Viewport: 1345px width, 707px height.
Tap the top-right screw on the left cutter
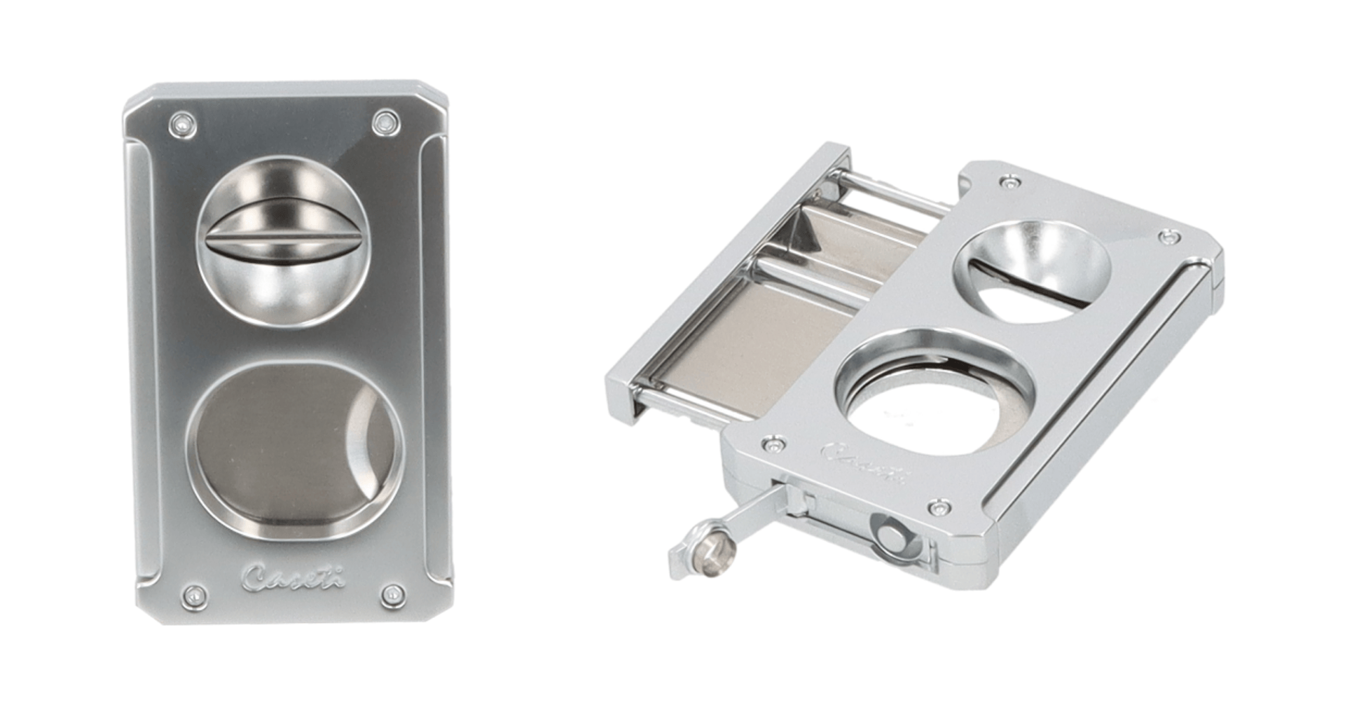(384, 123)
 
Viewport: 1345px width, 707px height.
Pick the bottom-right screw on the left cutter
(392, 596)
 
